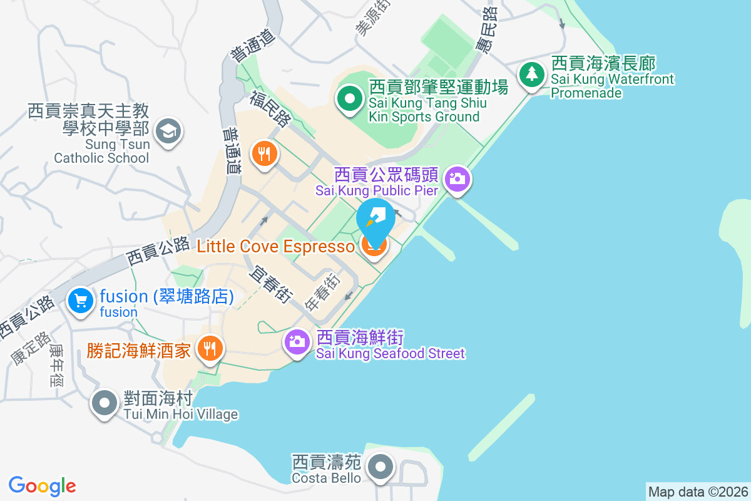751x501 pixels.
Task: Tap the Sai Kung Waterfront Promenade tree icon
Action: point(531,75)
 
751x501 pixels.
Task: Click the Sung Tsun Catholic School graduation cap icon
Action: point(169,131)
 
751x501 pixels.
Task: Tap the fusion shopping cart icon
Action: point(81,301)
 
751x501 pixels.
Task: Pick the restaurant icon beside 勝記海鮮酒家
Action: point(210,348)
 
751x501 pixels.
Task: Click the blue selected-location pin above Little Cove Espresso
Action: point(375,220)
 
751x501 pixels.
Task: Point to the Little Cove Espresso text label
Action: point(275,247)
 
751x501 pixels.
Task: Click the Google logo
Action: point(43,486)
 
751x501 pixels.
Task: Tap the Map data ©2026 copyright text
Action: point(698,492)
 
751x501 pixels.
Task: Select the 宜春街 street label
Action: point(271,285)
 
